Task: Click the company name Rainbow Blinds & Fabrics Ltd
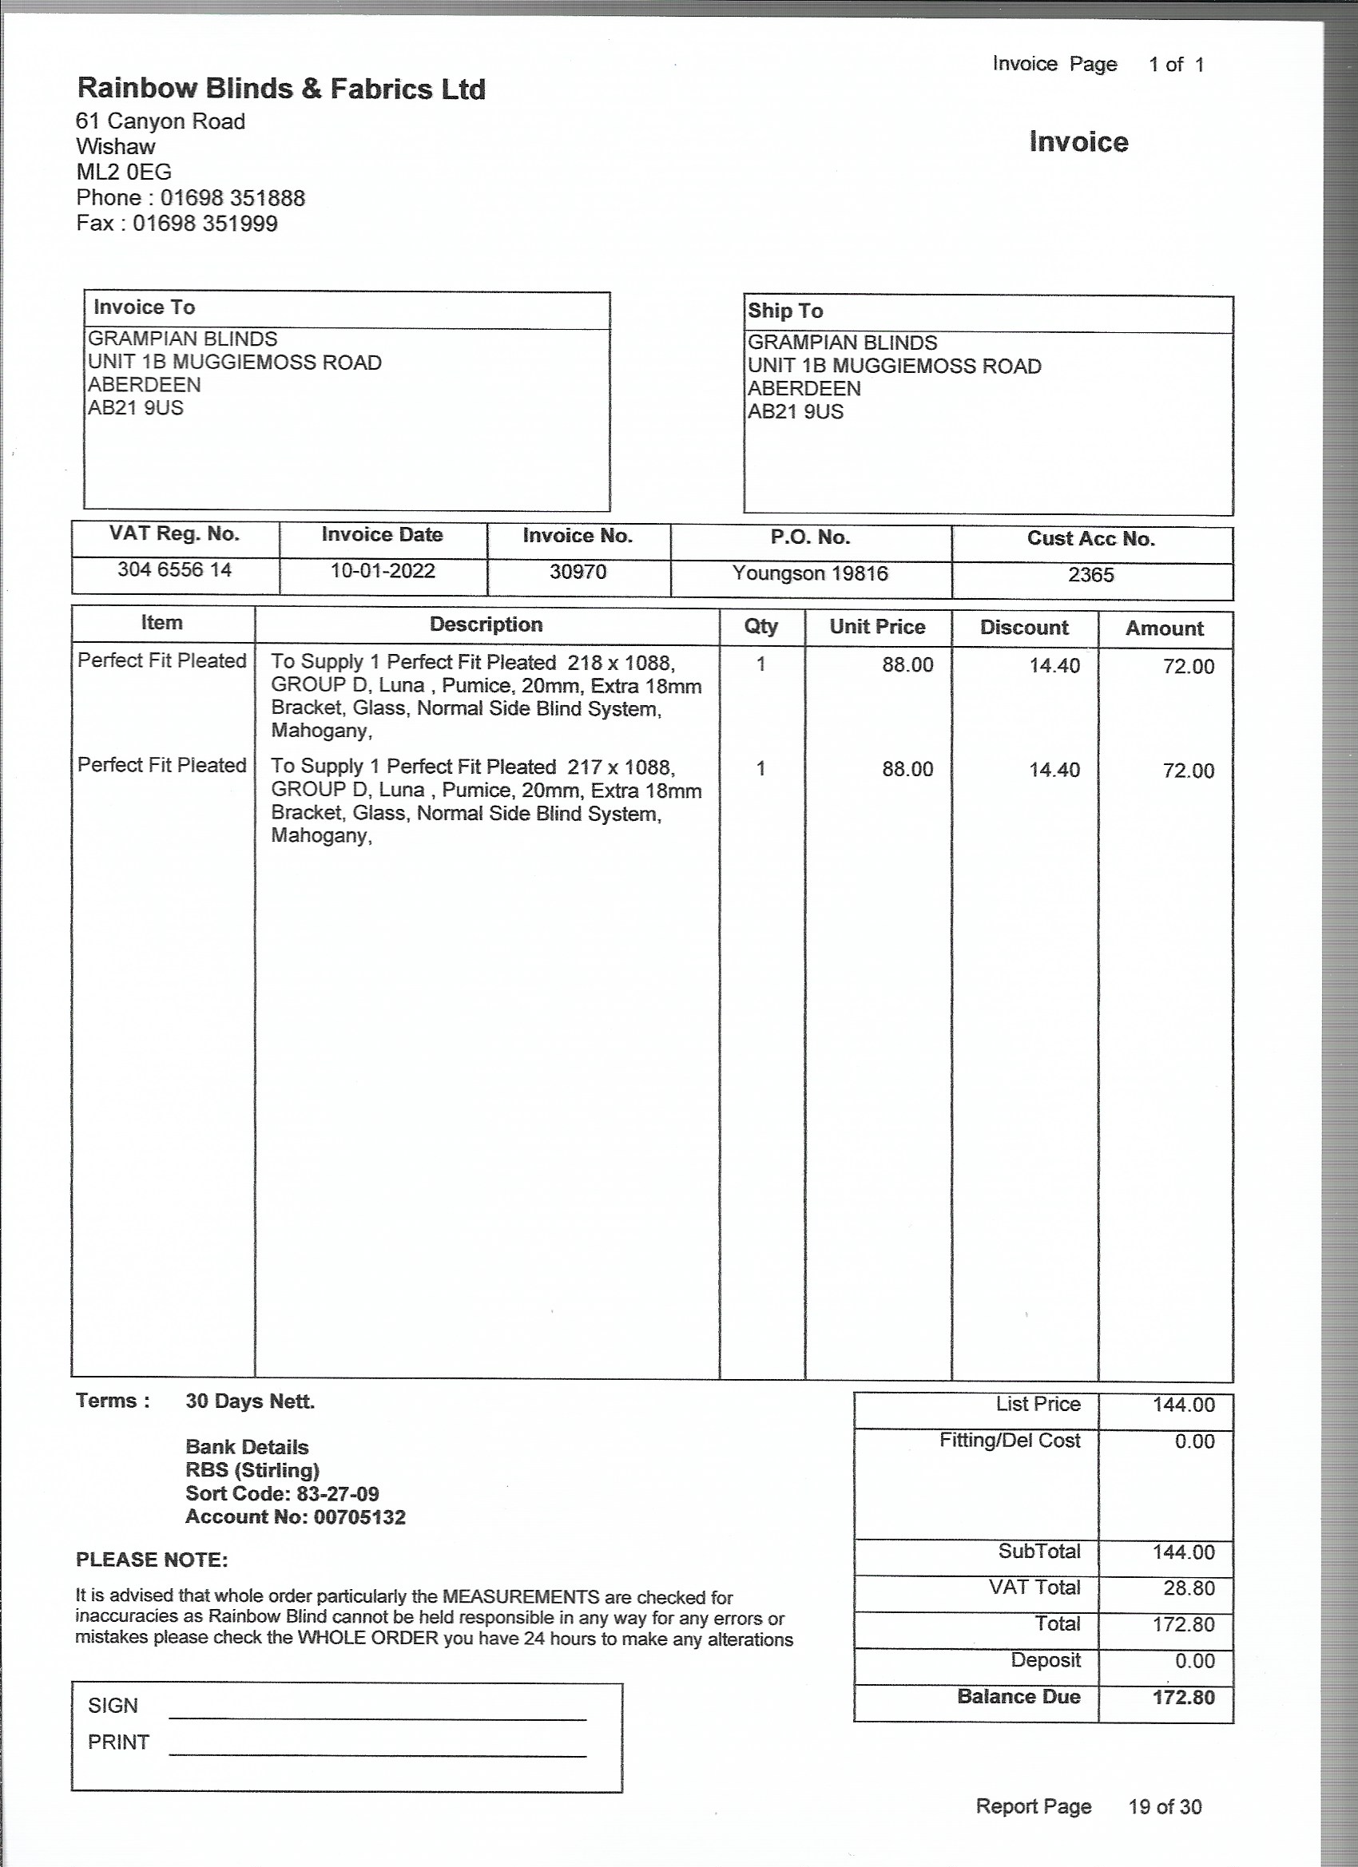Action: [281, 89]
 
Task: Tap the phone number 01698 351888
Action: [232, 198]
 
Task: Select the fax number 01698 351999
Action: [205, 224]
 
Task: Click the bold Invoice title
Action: [1078, 141]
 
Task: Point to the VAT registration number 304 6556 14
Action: [175, 569]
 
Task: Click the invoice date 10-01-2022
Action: [383, 570]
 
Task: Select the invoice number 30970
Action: [578, 571]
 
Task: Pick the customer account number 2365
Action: [1090, 575]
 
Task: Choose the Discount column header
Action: [1023, 628]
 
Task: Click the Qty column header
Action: [761, 626]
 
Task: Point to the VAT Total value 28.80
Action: [1189, 1588]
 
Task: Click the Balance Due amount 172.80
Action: [1183, 1698]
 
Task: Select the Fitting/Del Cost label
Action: [1010, 1441]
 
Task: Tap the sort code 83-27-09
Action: [338, 1494]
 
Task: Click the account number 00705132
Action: [360, 1517]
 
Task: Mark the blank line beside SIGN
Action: [377, 1717]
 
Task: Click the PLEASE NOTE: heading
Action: [152, 1560]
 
